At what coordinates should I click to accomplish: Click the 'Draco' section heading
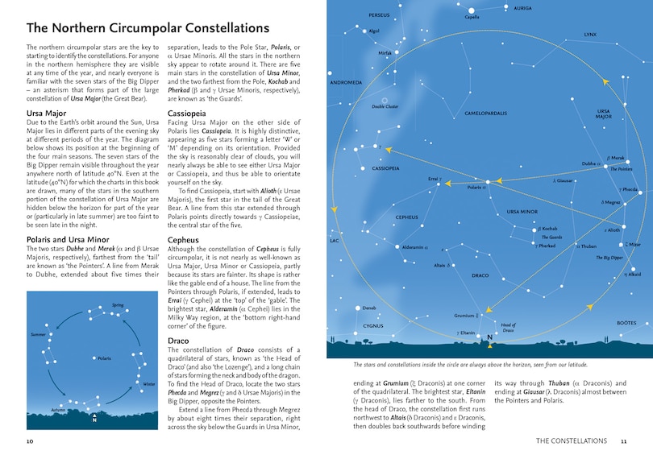click(178, 341)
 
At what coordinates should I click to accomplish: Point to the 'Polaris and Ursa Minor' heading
click(67, 240)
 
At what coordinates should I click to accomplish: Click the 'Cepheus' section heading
click(184, 240)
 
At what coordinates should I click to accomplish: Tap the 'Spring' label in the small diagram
click(118, 306)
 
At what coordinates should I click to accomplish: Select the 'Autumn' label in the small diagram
click(58, 410)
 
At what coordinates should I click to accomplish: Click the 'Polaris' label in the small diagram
click(105, 358)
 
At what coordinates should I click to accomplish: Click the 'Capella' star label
click(472, 16)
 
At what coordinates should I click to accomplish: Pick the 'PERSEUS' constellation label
click(379, 15)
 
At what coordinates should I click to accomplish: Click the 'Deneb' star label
click(369, 308)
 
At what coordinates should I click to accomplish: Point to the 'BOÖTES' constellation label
click(626, 322)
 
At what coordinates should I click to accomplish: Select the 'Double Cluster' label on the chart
click(385, 106)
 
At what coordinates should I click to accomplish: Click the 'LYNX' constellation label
click(590, 35)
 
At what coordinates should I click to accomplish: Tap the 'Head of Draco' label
click(508, 328)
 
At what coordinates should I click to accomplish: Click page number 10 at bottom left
click(30, 441)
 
